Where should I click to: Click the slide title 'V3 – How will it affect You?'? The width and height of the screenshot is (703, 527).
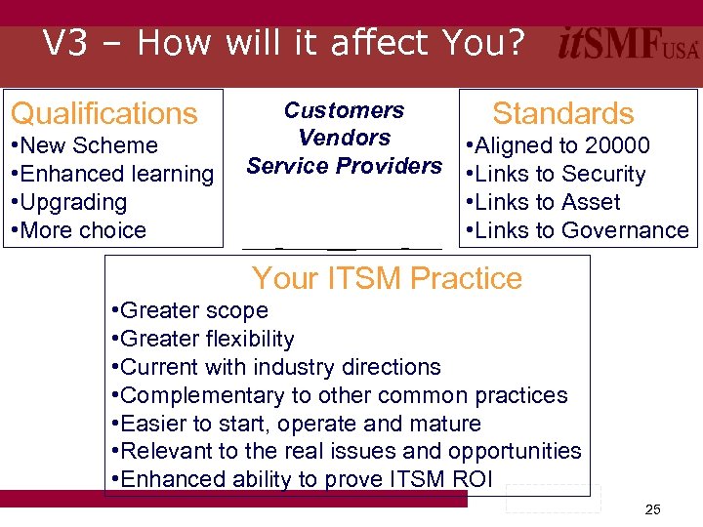(284, 43)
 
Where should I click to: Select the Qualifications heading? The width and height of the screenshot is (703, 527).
(103, 113)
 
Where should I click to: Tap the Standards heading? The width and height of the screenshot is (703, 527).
(563, 113)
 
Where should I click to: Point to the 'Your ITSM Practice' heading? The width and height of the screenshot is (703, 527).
(387, 278)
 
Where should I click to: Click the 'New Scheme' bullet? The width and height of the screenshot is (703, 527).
(87, 145)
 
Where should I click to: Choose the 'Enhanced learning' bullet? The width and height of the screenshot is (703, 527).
(114, 174)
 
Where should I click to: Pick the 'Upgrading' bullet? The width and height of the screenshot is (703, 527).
(71, 202)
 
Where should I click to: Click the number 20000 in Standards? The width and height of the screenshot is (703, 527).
(616, 145)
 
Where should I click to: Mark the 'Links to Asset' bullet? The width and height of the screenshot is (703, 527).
(548, 202)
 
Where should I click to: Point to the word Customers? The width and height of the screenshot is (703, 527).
(344, 110)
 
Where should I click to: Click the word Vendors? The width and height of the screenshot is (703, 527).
(344, 138)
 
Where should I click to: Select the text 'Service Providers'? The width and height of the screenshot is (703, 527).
(344, 166)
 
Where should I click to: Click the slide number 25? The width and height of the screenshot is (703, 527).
(653, 509)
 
